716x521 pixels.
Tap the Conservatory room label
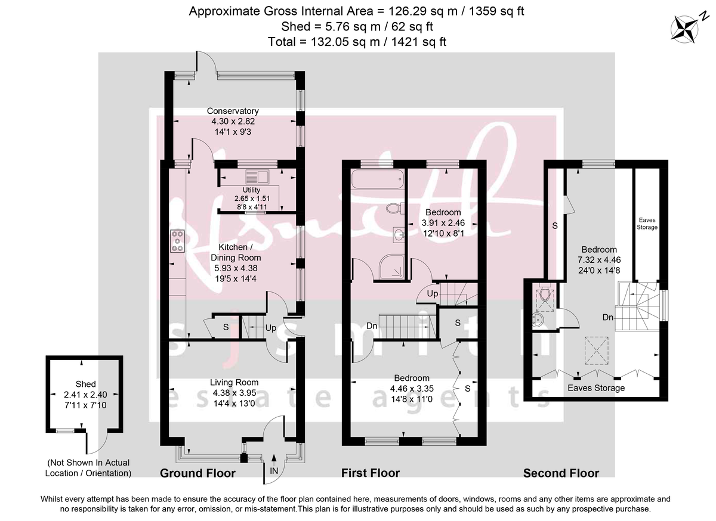(x=232, y=111)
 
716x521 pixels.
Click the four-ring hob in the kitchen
(x=177, y=240)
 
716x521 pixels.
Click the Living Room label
(x=234, y=382)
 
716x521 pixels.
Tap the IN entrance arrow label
(x=274, y=470)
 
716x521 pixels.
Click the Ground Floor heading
(x=197, y=473)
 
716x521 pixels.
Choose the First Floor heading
(x=371, y=473)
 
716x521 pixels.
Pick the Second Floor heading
(x=561, y=473)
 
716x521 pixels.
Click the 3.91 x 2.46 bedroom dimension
(x=443, y=223)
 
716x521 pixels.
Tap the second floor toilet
(x=544, y=294)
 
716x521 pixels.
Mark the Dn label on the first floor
(x=372, y=326)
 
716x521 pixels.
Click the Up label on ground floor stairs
(x=270, y=328)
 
